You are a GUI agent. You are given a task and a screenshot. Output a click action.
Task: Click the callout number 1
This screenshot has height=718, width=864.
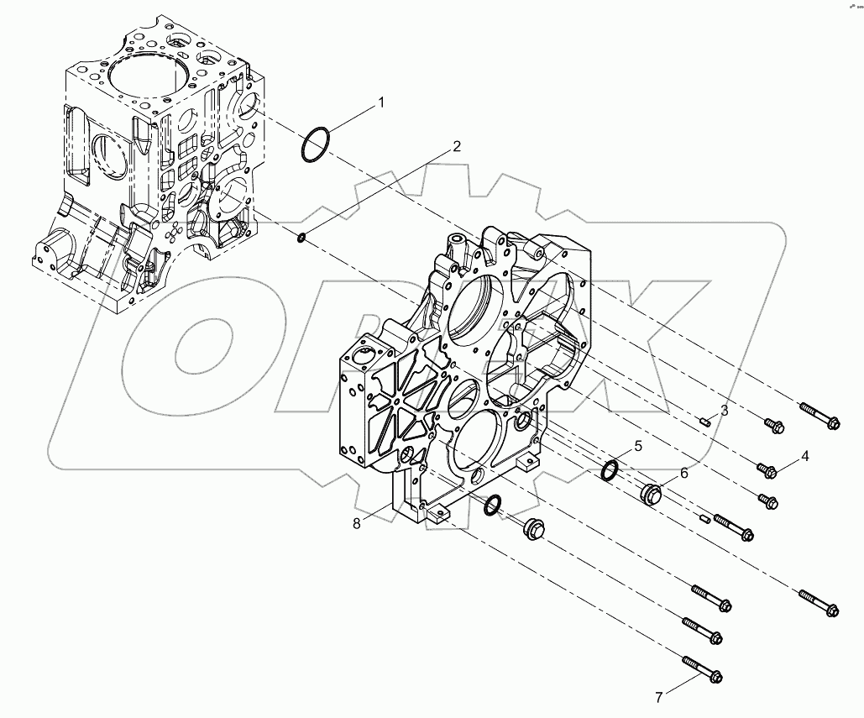(380, 102)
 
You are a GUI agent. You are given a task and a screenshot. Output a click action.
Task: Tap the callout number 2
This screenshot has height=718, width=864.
(456, 146)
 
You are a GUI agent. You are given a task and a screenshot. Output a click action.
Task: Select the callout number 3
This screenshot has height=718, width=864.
(724, 411)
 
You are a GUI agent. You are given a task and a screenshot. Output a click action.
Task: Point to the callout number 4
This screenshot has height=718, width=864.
(804, 456)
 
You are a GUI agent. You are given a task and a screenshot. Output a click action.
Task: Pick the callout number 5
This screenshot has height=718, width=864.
(637, 446)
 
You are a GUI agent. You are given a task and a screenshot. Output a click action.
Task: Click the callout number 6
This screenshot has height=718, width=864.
(683, 473)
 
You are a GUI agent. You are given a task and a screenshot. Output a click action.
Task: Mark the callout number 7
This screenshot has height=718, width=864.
(660, 696)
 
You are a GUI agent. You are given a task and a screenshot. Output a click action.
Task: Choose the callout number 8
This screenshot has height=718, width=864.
(357, 523)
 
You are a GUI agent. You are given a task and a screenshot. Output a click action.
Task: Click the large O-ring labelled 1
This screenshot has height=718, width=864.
(314, 144)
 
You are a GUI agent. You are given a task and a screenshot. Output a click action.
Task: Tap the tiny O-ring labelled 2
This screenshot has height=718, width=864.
(300, 240)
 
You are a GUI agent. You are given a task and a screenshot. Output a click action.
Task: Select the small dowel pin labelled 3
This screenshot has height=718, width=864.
(706, 422)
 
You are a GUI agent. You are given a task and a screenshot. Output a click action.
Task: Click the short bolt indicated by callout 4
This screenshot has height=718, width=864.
(767, 470)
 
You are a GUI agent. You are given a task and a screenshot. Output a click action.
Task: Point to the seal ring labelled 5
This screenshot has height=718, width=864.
(611, 471)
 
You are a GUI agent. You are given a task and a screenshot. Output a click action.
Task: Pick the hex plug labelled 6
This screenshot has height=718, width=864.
(652, 494)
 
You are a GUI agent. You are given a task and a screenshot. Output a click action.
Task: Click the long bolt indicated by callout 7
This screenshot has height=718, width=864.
(703, 668)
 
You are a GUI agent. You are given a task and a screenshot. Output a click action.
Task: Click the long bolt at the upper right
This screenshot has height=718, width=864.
(819, 417)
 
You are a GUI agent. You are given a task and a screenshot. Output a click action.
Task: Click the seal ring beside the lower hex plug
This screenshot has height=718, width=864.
(494, 504)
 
